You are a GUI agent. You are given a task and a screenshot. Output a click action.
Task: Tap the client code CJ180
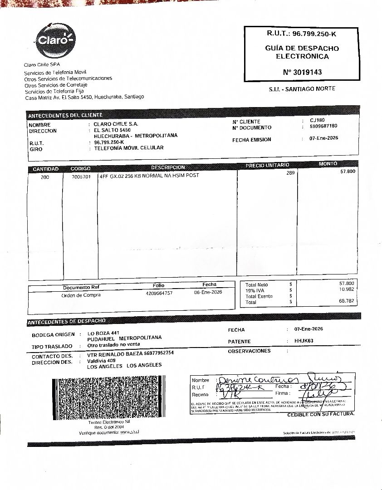coord(318,120)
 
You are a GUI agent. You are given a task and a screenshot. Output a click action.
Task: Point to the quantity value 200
coord(45,177)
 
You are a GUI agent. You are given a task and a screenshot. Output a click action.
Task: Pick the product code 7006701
coord(81,177)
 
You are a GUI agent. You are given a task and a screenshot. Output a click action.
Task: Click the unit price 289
coord(290,173)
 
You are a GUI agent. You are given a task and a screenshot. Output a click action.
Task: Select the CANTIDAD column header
coord(45,169)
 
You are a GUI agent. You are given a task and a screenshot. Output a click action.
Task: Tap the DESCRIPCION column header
coord(167,167)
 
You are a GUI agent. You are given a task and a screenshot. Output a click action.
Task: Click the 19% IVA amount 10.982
coord(347,289)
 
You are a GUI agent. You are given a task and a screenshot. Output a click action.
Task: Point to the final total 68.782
coord(347,301)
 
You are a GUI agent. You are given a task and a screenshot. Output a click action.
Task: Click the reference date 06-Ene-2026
coord(208,293)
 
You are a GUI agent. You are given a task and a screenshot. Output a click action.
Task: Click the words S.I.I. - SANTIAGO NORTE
coord(302,89)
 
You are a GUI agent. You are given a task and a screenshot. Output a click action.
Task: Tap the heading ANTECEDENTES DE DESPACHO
coord(67,322)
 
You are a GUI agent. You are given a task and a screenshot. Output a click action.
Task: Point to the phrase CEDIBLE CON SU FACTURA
coord(321,414)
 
